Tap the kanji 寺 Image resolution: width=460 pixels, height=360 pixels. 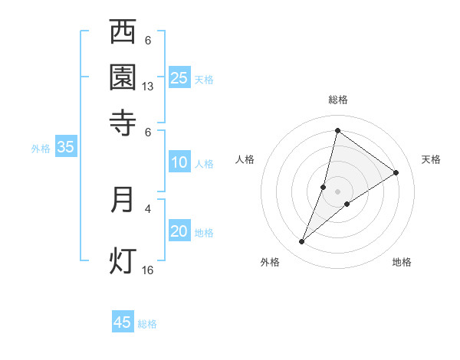pos(123,121)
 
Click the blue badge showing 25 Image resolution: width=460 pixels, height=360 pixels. pos(179,77)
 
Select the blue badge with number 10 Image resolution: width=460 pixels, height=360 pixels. pos(179,162)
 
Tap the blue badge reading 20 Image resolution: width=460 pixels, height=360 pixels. pos(179,232)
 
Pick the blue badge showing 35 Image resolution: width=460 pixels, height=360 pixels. pos(65,148)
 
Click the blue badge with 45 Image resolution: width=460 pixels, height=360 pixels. pos(123,322)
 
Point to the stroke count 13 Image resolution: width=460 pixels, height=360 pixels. pos(148,87)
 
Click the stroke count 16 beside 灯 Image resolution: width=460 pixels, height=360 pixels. pos(148,270)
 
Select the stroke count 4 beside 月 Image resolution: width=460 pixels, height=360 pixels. pos(148,208)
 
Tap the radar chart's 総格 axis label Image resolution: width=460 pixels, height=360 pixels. pos(338,100)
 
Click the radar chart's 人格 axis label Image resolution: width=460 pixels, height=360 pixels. pos(245,159)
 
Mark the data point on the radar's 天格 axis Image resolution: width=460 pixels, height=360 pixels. pos(396,172)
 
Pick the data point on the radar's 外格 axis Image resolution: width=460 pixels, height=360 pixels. pos(302,241)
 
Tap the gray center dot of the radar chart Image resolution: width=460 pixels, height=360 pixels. pos(338,191)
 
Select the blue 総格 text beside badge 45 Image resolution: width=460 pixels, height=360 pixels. pos(147,324)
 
